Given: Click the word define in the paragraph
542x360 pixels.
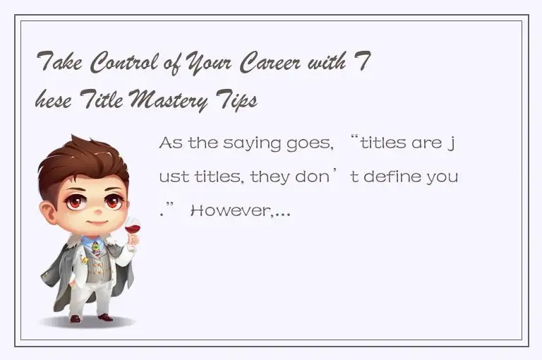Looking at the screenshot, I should click(391, 176).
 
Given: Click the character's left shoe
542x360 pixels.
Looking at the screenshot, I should click(75, 318).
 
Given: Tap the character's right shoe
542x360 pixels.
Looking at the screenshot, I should click(105, 317).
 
